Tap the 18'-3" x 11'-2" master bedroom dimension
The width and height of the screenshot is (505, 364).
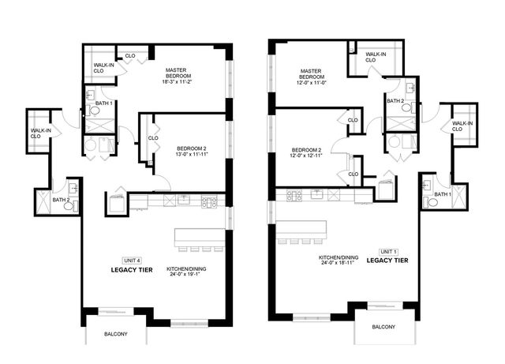[x=184, y=81]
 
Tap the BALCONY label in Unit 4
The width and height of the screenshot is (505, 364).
[x=116, y=334]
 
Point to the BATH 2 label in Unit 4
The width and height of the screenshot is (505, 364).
[x=61, y=200]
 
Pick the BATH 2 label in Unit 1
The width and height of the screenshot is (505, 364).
[x=395, y=101]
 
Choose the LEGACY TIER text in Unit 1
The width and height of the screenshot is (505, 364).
[x=388, y=260]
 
